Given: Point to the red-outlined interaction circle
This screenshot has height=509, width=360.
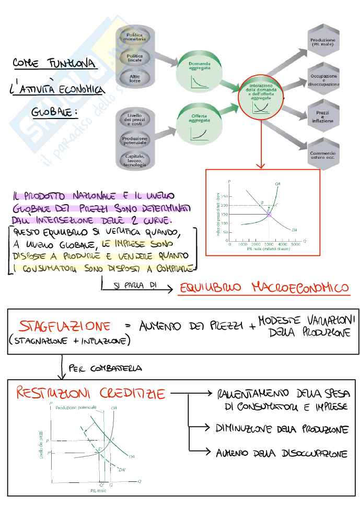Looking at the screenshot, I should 260,98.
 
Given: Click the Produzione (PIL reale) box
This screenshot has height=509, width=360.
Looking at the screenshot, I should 322,42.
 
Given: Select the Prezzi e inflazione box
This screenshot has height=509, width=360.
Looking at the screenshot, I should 322,117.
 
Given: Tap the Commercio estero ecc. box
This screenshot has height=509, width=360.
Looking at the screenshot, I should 322,154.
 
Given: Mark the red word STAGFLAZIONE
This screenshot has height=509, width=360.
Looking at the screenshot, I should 65,327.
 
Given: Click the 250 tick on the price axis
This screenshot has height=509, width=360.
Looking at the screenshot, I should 224,196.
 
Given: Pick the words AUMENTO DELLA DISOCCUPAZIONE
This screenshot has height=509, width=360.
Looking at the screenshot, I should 282,453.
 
